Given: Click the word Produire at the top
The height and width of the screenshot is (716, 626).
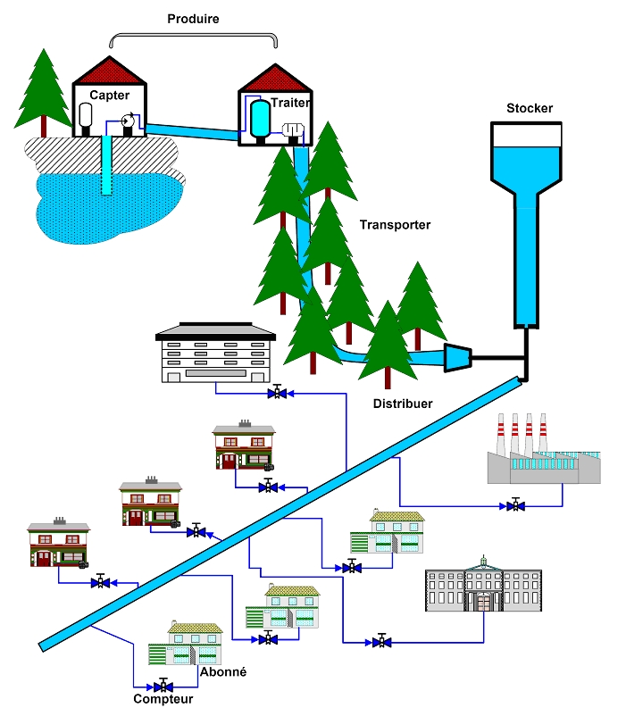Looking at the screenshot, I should point(193,18).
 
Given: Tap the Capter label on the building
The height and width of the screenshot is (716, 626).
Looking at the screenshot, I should point(110,95).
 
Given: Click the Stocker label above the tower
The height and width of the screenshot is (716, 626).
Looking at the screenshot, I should point(530,108).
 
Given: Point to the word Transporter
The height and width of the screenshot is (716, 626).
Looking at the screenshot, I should point(395,225).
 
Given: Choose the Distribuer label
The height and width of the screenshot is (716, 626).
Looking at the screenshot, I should point(403,404).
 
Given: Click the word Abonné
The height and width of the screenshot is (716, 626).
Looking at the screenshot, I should point(223,671).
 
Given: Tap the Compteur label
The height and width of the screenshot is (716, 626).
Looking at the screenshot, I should point(163,700).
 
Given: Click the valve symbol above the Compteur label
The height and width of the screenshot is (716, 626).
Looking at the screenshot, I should point(163,686).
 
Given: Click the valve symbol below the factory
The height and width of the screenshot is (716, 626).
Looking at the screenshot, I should point(514,505).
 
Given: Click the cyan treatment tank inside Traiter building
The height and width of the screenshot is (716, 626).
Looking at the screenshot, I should point(260,115).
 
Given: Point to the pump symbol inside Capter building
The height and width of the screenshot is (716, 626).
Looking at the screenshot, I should point(129,120).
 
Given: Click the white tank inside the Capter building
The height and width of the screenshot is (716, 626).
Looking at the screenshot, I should point(88,115).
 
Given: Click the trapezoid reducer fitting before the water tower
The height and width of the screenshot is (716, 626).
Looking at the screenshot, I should point(458,357).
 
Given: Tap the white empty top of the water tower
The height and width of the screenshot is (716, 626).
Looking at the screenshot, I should point(528,134).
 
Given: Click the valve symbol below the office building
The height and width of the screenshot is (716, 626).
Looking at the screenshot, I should point(278,392).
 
